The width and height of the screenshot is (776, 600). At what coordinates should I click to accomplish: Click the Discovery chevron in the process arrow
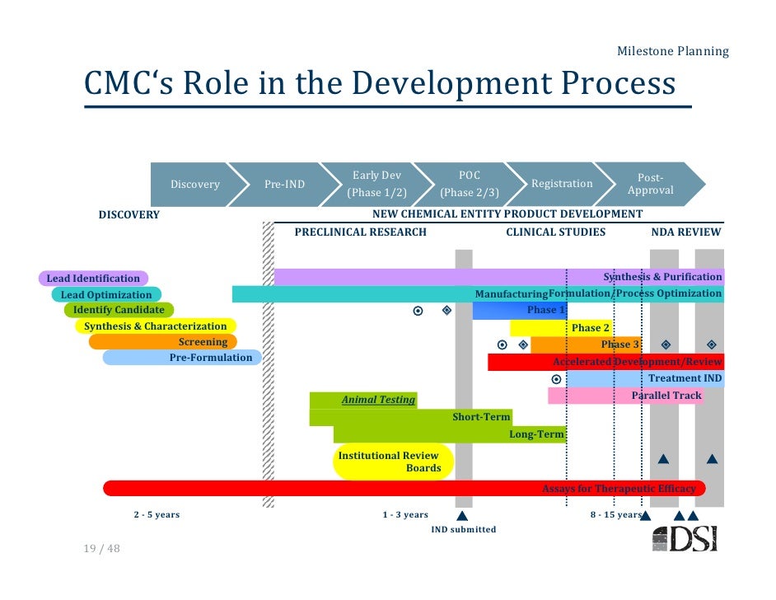(x=194, y=184)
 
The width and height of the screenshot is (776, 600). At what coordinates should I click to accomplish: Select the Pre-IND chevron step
(x=284, y=184)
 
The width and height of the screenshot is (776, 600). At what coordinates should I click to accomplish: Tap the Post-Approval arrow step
(x=650, y=184)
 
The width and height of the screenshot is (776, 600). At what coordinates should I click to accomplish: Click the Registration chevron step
(x=562, y=184)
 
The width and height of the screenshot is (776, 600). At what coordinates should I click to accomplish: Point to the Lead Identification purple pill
(x=93, y=279)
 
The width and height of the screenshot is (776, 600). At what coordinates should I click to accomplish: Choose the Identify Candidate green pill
(x=119, y=310)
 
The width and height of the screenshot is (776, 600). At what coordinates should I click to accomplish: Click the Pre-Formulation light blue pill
(x=181, y=358)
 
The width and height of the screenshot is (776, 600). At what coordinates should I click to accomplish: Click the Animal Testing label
(x=378, y=400)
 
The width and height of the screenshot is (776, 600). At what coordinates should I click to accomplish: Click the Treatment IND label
(x=685, y=378)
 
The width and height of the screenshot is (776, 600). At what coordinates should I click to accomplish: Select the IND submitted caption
(x=464, y=529)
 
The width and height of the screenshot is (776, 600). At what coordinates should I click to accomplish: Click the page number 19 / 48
(x=101, y=548)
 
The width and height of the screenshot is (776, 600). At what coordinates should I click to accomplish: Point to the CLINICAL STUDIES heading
(x=555, y=232)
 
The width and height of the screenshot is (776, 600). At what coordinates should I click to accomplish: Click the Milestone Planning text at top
(x=673, y=52)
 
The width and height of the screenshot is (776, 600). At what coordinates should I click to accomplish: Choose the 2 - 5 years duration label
(x=157, y=515)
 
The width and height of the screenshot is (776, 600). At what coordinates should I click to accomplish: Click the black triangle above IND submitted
(x=462, y=515)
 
